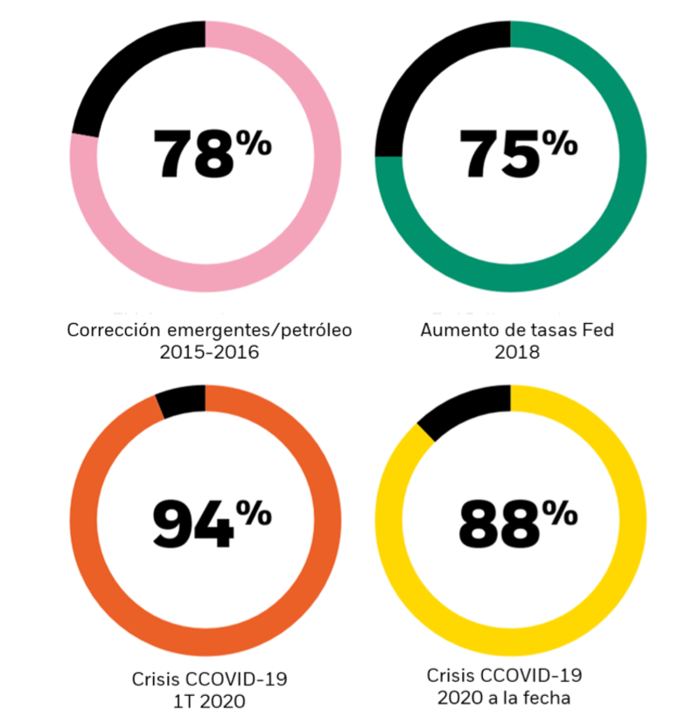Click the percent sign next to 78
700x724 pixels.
point(254,140)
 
